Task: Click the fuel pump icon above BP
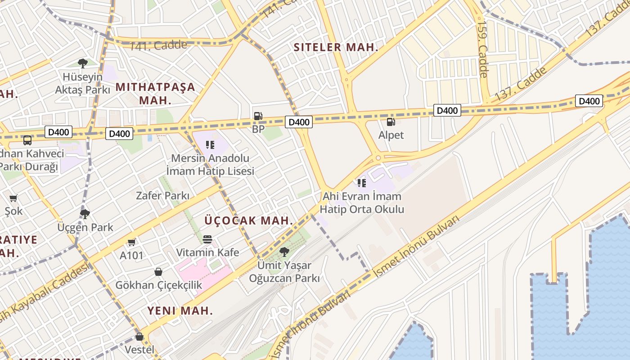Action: pos(258,116)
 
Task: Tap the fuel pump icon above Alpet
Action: pos(391,121)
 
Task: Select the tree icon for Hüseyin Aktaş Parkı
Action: pos(82,63)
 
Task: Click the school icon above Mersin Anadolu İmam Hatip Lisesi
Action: pos(210,145)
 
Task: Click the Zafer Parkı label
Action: pos(162,196)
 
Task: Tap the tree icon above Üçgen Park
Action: pos(85,214)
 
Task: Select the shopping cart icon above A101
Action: pos(131,243)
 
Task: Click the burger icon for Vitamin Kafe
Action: pos(207,239)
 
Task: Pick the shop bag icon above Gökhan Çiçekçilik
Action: pos(158,272)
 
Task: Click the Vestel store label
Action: pos(139,349)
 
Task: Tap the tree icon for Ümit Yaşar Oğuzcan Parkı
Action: pos(284,252)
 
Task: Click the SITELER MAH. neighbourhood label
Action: pos(336,47)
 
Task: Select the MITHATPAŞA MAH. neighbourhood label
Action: pos(156,93)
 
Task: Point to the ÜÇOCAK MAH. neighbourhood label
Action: pos(249,220)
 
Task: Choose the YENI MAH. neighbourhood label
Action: pos(180,310)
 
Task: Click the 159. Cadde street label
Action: pos(482,49)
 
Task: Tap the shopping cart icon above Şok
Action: pos(13,198)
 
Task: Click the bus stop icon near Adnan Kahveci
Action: pos(27,140)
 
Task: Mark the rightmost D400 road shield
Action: pos(589,101)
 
